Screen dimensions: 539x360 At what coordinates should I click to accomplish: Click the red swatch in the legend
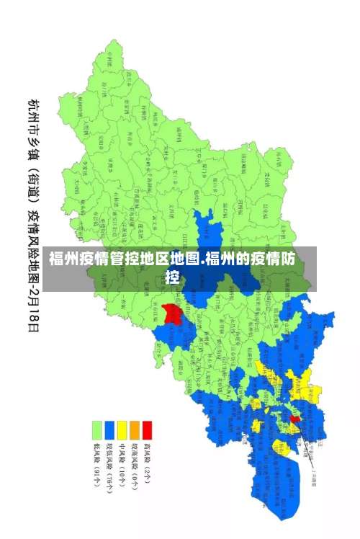(147, 430)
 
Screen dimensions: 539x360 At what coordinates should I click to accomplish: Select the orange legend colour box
(135, 430)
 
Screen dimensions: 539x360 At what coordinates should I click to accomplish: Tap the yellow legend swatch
(122, 430)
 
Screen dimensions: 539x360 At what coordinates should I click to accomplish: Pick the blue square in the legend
(109, 430)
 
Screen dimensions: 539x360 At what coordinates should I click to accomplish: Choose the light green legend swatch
(96, 430)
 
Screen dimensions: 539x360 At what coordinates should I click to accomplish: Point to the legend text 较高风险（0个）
(135, 464)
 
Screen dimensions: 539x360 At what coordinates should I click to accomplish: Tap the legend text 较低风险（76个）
(109, 466)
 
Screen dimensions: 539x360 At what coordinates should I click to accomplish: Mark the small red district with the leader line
(294, 419)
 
